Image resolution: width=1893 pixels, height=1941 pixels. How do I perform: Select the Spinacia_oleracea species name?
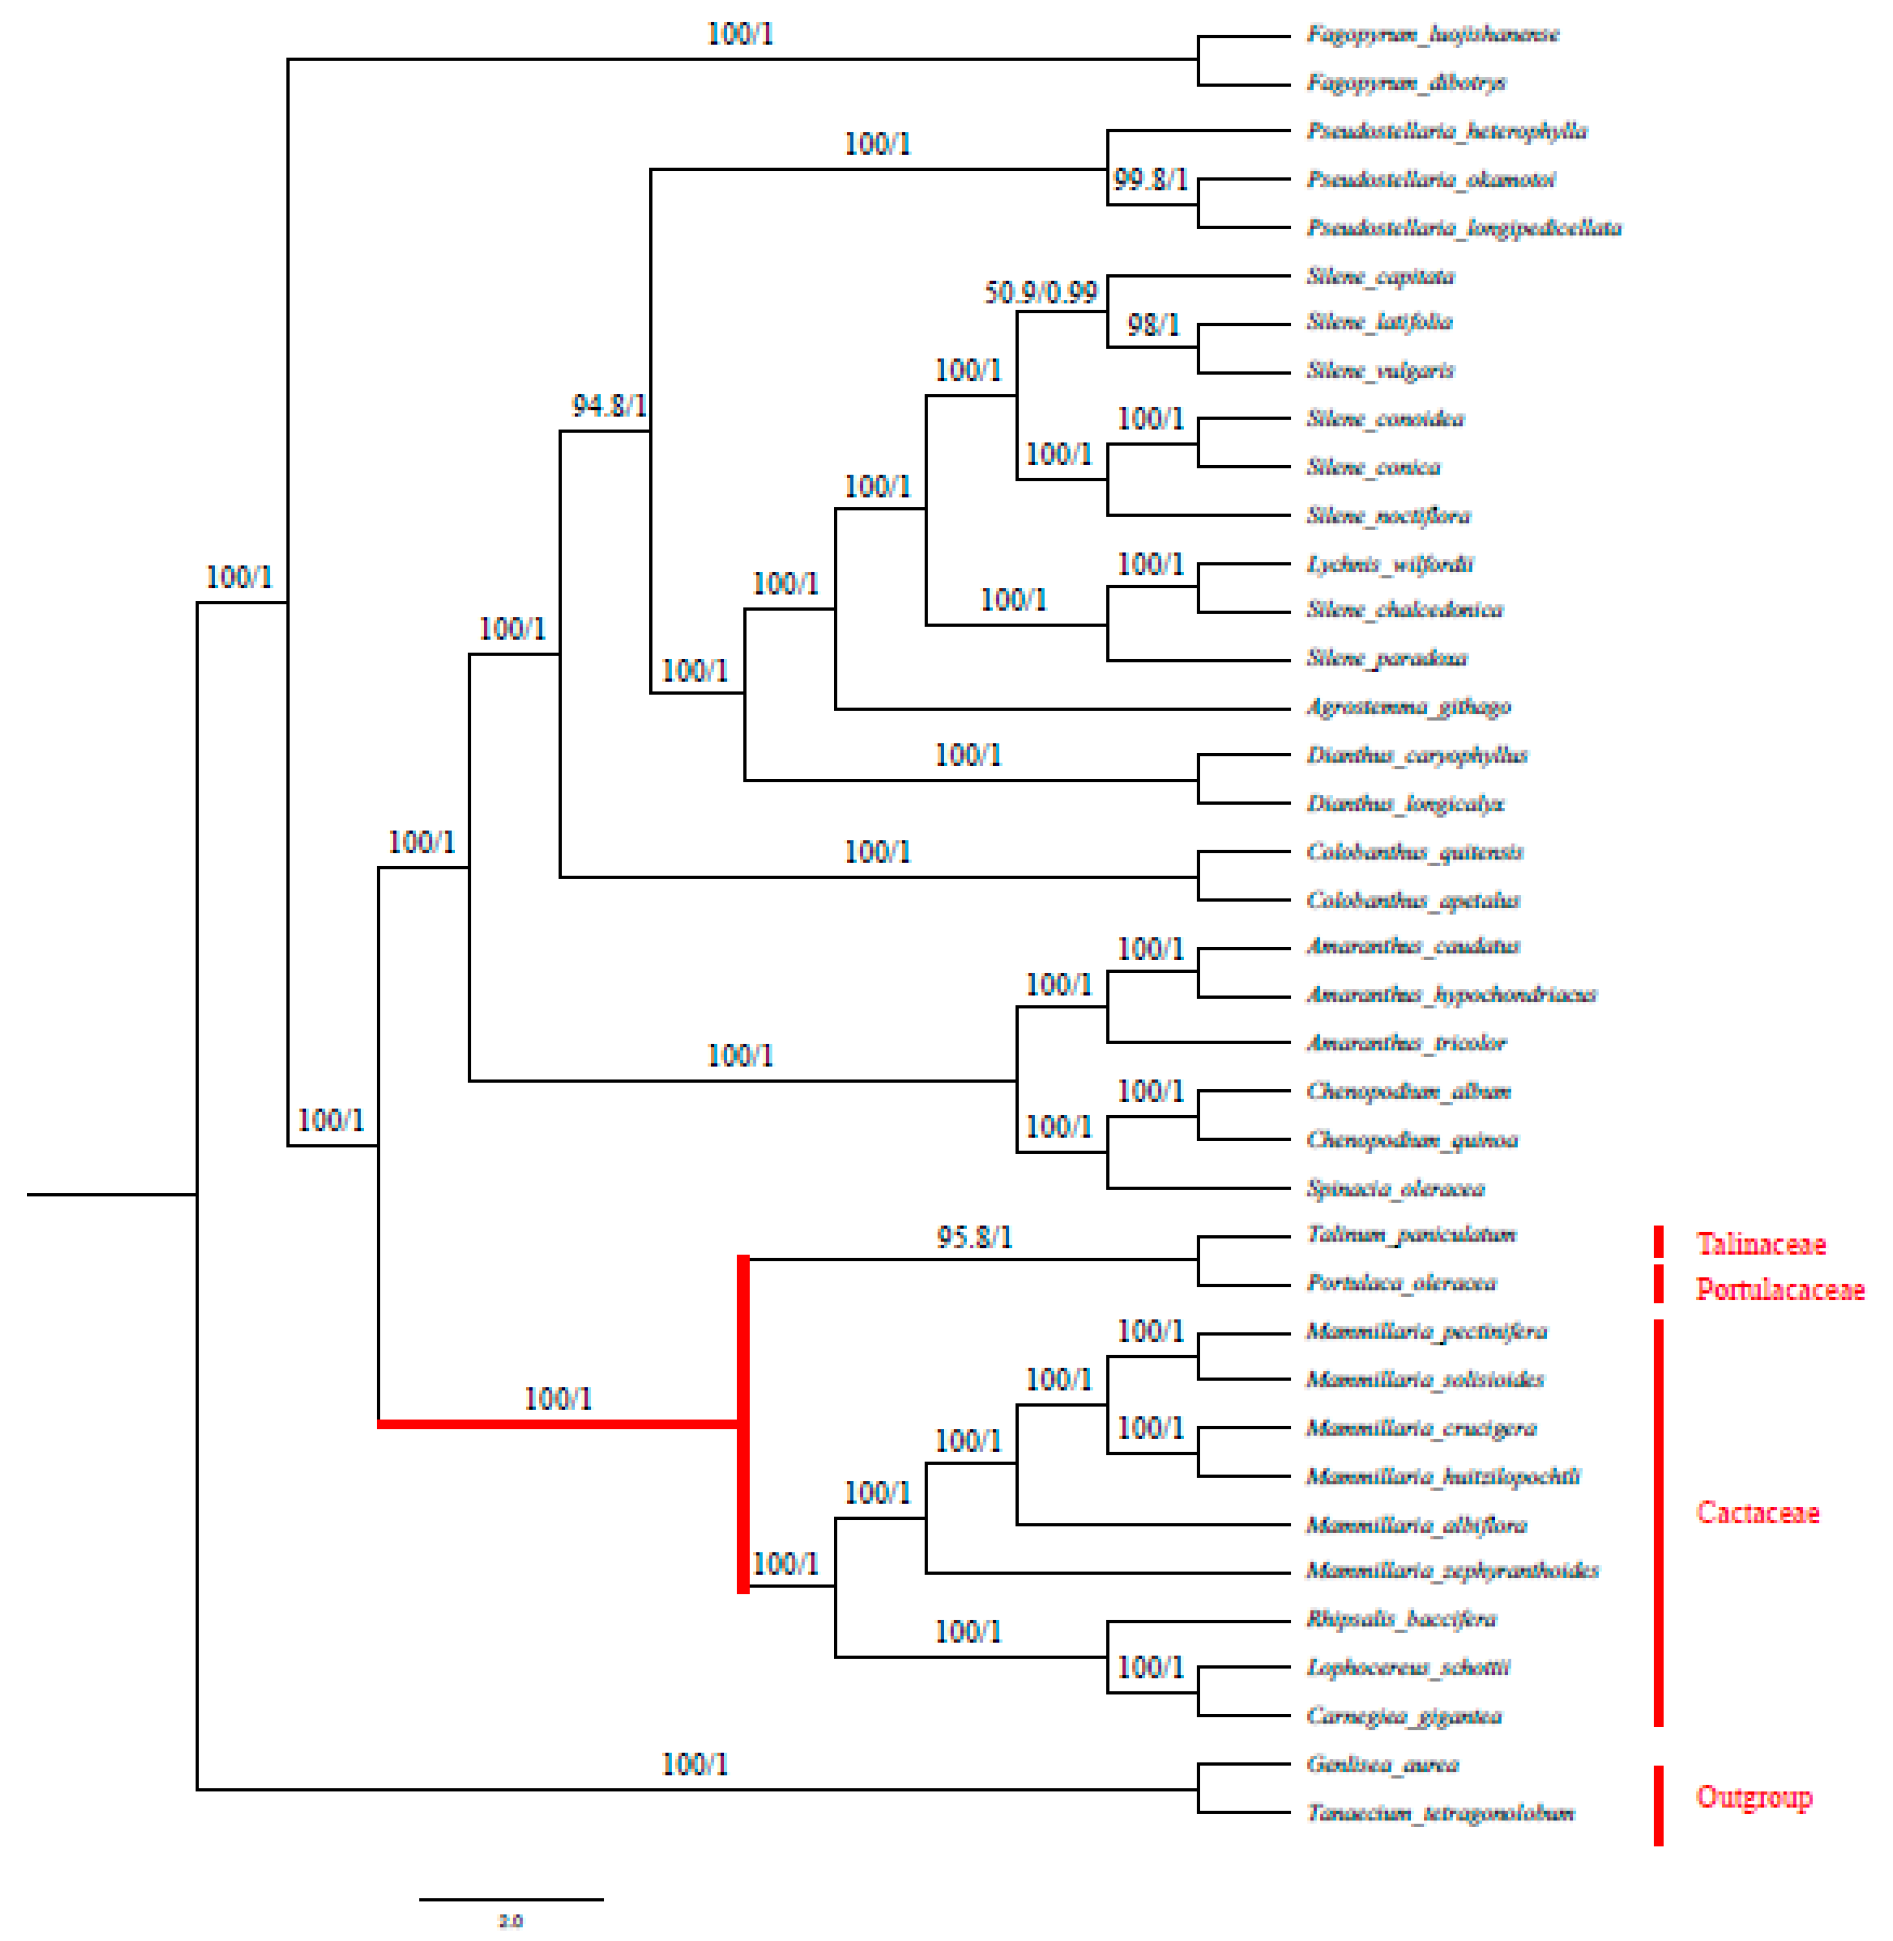[x=1395, y=1188]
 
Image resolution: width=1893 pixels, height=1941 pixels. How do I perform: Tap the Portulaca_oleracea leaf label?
[x=1401, y=1283]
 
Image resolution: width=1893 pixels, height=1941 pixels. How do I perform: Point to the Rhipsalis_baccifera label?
[x=1401, y=1619]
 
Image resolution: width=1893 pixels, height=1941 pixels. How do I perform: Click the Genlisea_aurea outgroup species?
[x=1382, y=1764]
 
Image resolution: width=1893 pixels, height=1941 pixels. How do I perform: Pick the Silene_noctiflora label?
[x=1388, y=515]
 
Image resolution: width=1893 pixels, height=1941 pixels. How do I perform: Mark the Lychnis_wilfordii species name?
[x=1389, y=564]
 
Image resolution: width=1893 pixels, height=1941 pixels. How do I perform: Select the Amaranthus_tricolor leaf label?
[x=1406, y=1042]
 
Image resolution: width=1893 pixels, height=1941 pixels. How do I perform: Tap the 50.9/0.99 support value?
[x=1040, y=292]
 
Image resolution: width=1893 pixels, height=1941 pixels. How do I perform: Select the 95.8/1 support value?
[x=973, y=1237]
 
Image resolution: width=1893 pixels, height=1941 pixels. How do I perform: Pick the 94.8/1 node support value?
[x=608, y=406]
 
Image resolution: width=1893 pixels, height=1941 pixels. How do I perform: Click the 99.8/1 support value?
[x=1150, y=179]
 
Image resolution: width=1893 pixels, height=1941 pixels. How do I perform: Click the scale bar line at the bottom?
[x=511, y=1899]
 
